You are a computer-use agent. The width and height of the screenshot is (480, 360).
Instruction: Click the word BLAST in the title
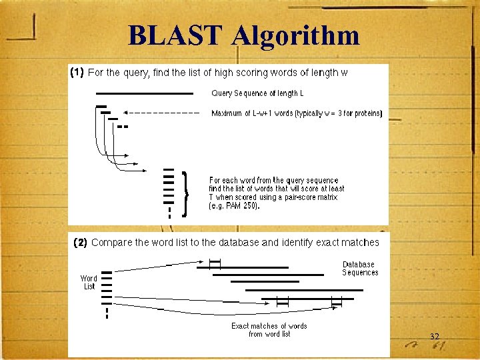point(175,35)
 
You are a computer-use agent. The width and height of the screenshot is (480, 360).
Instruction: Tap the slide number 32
point(434,337)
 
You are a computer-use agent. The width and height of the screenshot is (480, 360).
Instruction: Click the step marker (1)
point(77,73)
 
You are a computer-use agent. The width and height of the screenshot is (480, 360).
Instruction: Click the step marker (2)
point(80,243)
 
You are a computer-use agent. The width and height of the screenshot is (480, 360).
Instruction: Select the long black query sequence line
point(144,93)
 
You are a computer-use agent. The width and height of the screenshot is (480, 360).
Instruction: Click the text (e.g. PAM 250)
point(234,206)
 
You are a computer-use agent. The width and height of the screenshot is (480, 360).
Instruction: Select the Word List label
point(89,282)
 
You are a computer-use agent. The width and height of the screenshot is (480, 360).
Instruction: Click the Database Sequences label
point(360,268)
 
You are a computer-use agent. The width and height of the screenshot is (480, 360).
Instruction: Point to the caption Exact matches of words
point(269,326)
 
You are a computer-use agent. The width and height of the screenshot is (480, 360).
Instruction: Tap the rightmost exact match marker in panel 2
point(336,303)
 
